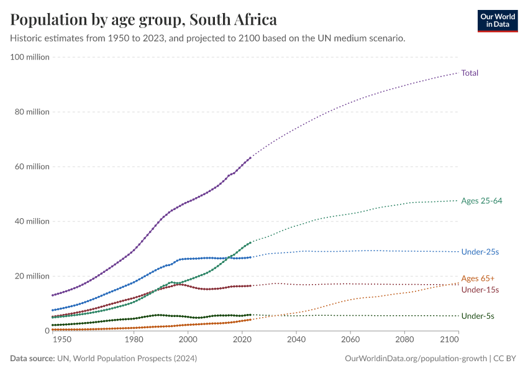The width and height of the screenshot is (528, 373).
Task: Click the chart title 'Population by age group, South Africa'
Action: pyautogui.click(x=143, y=20)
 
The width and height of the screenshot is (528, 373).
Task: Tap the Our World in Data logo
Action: pyautogui.click(x=497, y=21)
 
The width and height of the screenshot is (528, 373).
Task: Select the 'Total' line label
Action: pyautogui.click(x=470, y=73)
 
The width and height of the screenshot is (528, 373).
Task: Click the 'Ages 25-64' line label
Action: pyautogui.click(x=481, y=201)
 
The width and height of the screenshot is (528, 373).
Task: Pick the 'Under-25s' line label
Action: pyautogui.click(x=480, y=252)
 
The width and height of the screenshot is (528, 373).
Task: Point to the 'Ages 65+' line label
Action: pyautogui.click(x=478, y=278)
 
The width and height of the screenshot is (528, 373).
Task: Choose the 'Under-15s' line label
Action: pyautogui.click(x=480, y=290)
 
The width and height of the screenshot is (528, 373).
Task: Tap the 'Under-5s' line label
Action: pyautogui.click(x=478, y=316)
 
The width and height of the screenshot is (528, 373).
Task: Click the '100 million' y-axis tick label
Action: pyautogui.click(x=30, y=57)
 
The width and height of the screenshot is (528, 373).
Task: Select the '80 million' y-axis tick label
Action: pyautogui.click(x=32, y=112)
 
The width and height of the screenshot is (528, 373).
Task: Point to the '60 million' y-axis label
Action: pyautogui.click(x=32, y=167)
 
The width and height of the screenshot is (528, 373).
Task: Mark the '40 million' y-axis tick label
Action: pyautogui.click(x=32, y=221)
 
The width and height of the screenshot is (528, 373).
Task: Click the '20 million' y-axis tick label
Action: pyautogui.click(x=32, y=276)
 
